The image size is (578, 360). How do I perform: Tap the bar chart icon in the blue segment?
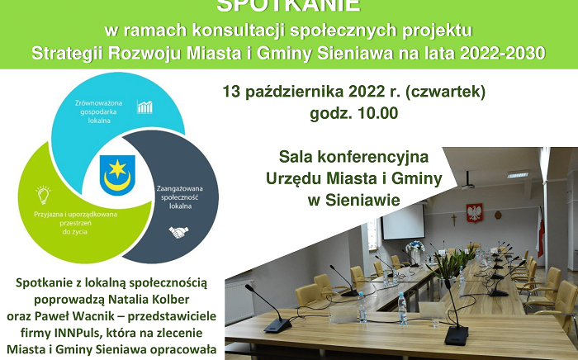coord(145,107)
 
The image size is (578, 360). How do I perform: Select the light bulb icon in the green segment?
coord(43,195)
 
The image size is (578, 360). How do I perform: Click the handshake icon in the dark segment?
coord(179,232)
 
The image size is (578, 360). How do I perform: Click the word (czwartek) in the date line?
coord(446,90)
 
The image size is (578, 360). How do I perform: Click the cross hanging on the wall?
coord(452,220)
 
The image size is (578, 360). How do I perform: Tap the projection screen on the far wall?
coord(404,220)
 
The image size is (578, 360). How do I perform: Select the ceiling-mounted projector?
coord(468,179)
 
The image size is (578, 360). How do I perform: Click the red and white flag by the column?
coord(540,230)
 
